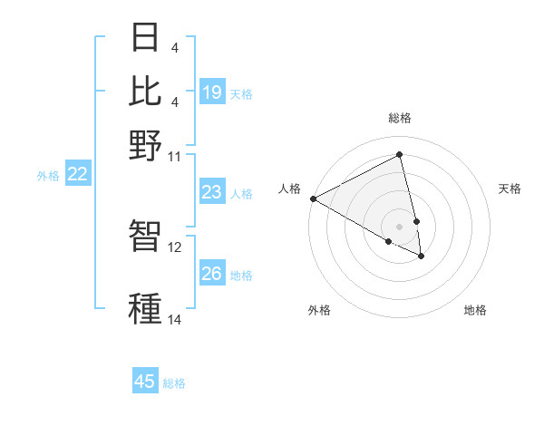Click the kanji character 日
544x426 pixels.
click(146, 40)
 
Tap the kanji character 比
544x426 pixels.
click(146, 92)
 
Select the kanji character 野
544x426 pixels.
click(146, 144)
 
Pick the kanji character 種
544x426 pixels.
click(146, 307)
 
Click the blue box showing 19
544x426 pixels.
click(212, 92)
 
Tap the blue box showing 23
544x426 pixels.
click(212, 192)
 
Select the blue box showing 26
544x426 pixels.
click(212, 274)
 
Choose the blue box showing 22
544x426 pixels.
click(77, 174)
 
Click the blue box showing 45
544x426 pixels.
click(145, 382)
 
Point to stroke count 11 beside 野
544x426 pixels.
click(175, 156)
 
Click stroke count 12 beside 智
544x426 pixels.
click(175, 246)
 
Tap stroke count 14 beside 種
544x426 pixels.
click(175, 319)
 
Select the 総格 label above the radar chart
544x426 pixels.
click(400, 118)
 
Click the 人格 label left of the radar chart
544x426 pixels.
click(290, 189)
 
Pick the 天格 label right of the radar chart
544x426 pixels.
click(510, 189)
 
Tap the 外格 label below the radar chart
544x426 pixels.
click(319, 310)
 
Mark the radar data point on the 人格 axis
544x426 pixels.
click(313, 198)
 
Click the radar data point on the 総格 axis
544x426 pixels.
click(400, 155)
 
